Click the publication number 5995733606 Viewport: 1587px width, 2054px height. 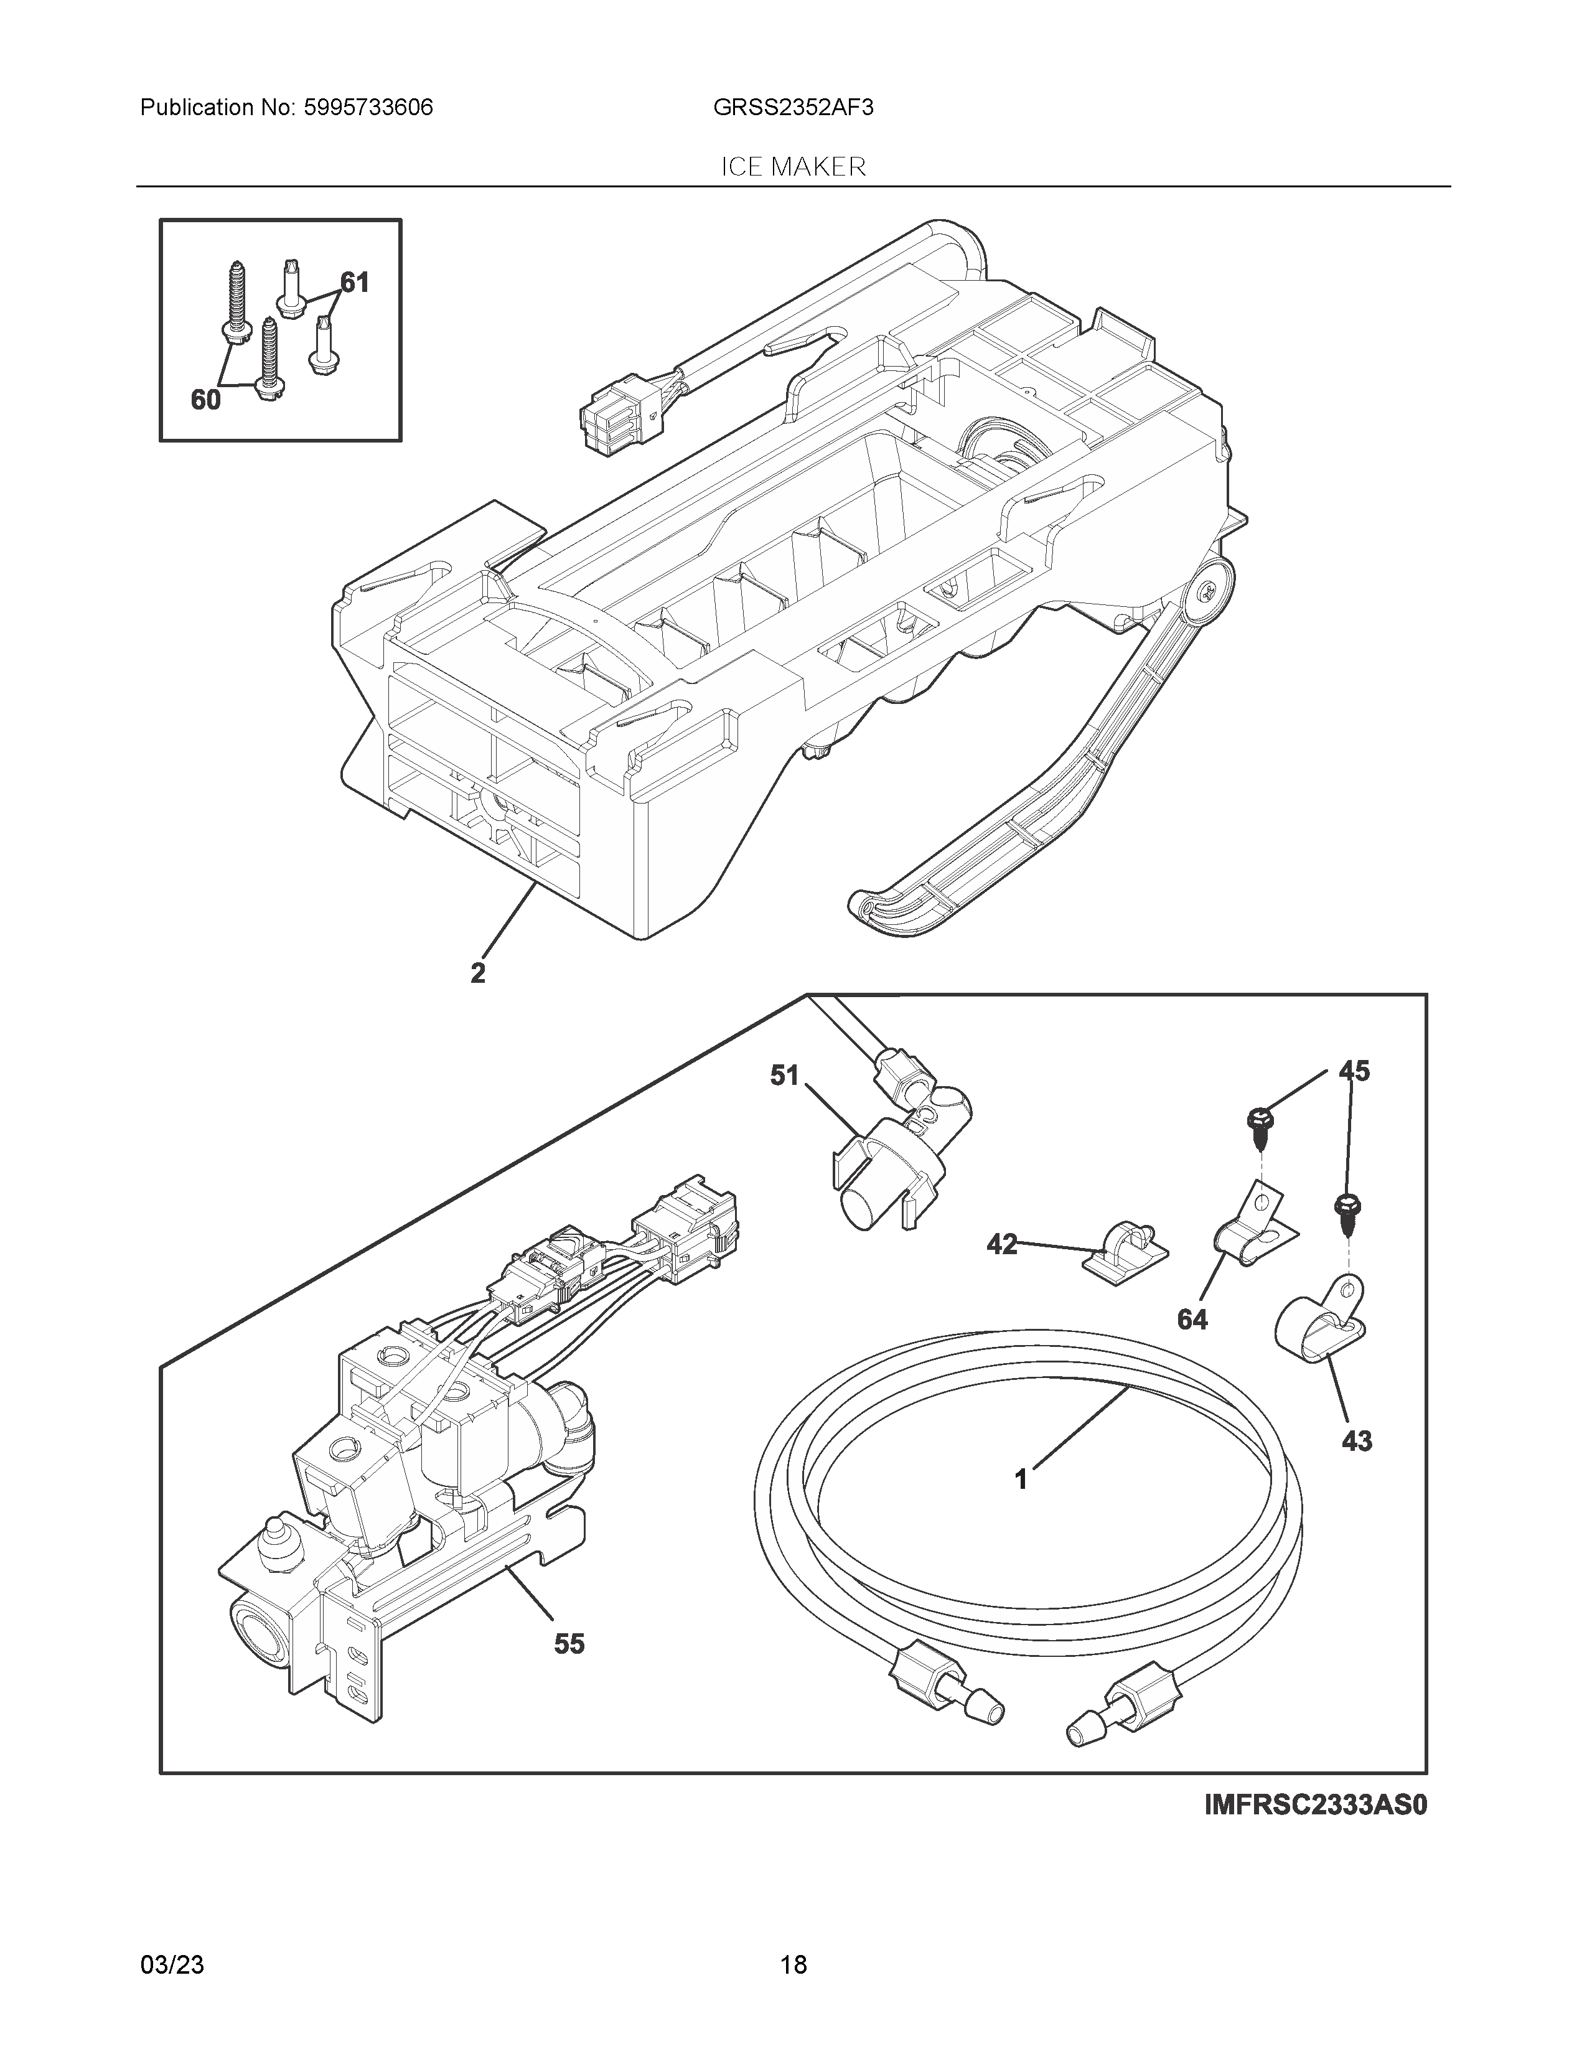point(368,108)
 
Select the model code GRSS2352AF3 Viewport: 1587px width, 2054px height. point(792,108)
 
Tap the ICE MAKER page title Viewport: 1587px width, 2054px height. point(792,167)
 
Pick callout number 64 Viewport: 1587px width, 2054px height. point(1192,1320)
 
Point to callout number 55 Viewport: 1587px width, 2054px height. point(569,1644)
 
